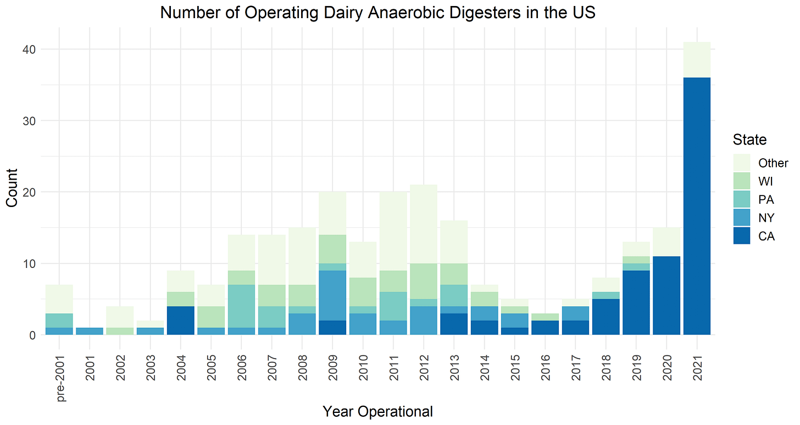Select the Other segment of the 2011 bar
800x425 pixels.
pos(393,231)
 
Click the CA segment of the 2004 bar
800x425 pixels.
pos(180,320)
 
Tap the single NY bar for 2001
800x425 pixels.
pos(89,331)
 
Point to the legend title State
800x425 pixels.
pos(749,140)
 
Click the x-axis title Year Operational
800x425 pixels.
pos(377,411)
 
